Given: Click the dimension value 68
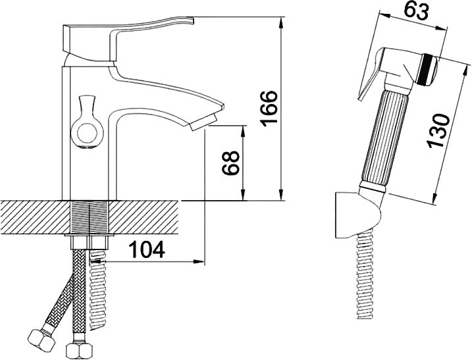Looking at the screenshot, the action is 230,163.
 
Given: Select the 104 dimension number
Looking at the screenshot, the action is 147,249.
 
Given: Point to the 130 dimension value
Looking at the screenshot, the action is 438,130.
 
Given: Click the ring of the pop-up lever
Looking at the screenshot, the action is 87,132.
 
